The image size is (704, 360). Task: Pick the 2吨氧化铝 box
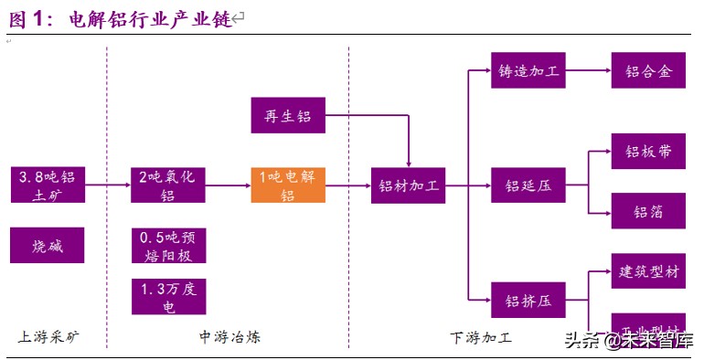coord(167,185)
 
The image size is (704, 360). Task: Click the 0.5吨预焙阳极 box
coord(167,245)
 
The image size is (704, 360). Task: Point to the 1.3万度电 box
coord(167,297)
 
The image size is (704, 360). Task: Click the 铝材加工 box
coord(408,185)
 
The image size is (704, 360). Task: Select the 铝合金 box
coord(648,69)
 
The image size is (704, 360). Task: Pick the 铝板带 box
coord(648,152)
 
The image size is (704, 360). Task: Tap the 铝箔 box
coord(648,211)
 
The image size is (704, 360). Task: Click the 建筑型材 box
coord(648,271)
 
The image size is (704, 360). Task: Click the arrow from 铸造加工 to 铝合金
coord(588,69)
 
